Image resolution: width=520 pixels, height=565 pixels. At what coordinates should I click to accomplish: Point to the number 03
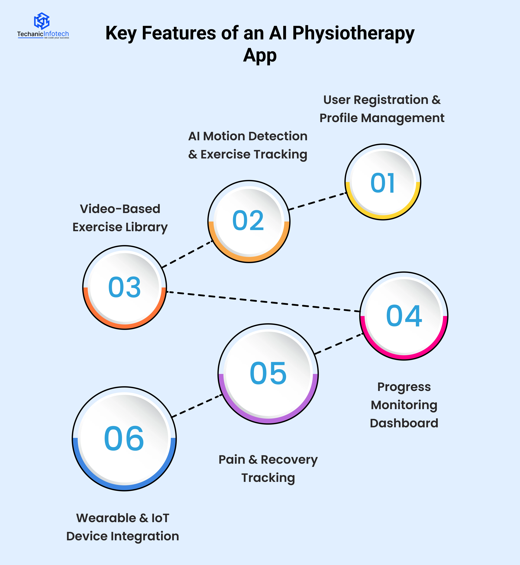click(x=124, y=287)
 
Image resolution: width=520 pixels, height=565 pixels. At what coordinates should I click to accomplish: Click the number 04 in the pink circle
click(x=404, y=316)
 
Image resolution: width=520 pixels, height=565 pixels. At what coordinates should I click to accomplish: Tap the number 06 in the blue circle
click(x=124, y=438)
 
